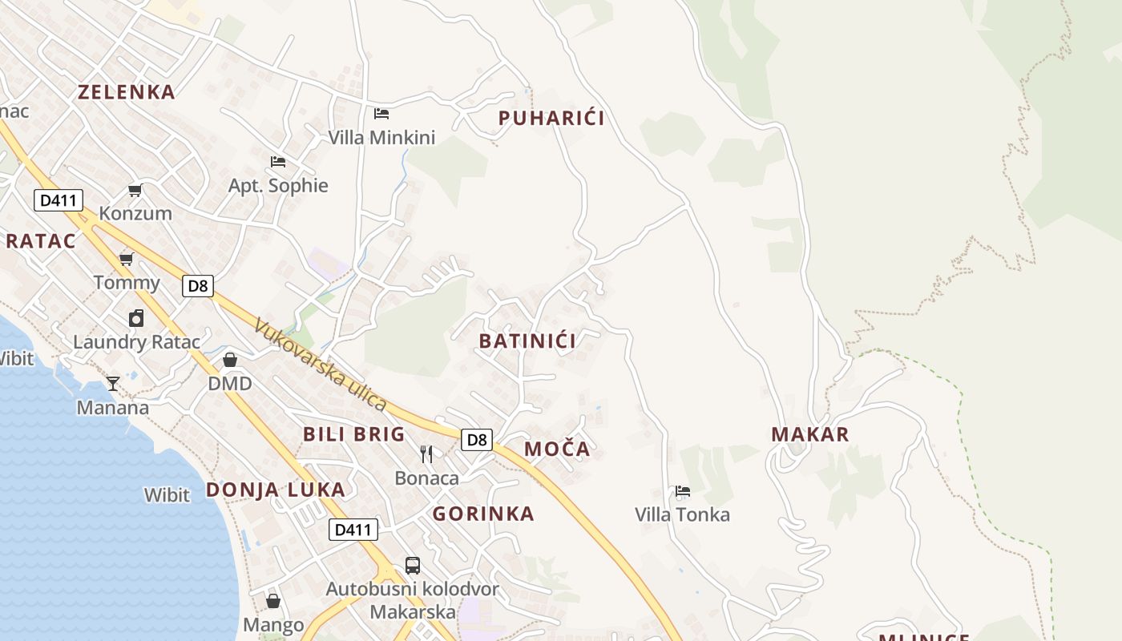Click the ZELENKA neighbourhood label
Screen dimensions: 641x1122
[x=126, y=92]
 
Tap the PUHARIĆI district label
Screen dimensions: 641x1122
[x=551, y=119]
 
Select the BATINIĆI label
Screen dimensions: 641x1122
[x=527, y=341]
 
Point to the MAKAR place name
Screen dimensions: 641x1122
[x=809, y=434]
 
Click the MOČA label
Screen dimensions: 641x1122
[x=557, y=450]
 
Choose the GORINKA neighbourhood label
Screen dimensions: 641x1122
[x=483, y=514]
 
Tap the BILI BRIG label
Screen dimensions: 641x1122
[x=353, y=434]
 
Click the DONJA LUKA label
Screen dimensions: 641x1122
[x=276, y=490]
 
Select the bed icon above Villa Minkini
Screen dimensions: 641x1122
[x=381, y=114]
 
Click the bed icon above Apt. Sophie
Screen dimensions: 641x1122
[x=278, y=162]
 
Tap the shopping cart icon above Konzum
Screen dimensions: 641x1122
[x=135, y=190]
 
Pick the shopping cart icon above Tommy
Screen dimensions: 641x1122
[x=126, y=258]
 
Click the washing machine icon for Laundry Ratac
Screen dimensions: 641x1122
[x=136, y=318]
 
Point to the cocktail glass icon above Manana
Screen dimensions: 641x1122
[x=113, y=384]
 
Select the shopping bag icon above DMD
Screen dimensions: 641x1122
[x=230, y=360]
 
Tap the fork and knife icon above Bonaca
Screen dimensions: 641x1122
[x=426, y=454]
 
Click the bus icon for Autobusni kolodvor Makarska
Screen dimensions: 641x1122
[x=412, y=566]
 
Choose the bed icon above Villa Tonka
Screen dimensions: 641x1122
[x=683, y=490]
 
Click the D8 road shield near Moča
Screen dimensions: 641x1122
[x=477, y=439]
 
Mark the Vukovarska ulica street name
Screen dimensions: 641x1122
[x=321, y=365]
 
